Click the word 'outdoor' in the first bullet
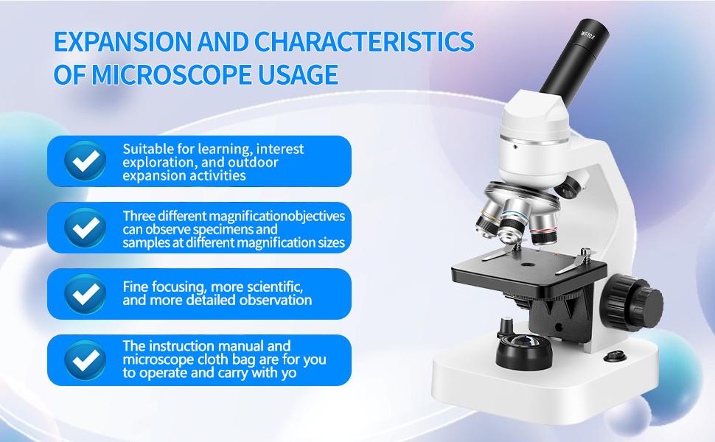(254, 162)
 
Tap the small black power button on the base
(611, 357)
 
